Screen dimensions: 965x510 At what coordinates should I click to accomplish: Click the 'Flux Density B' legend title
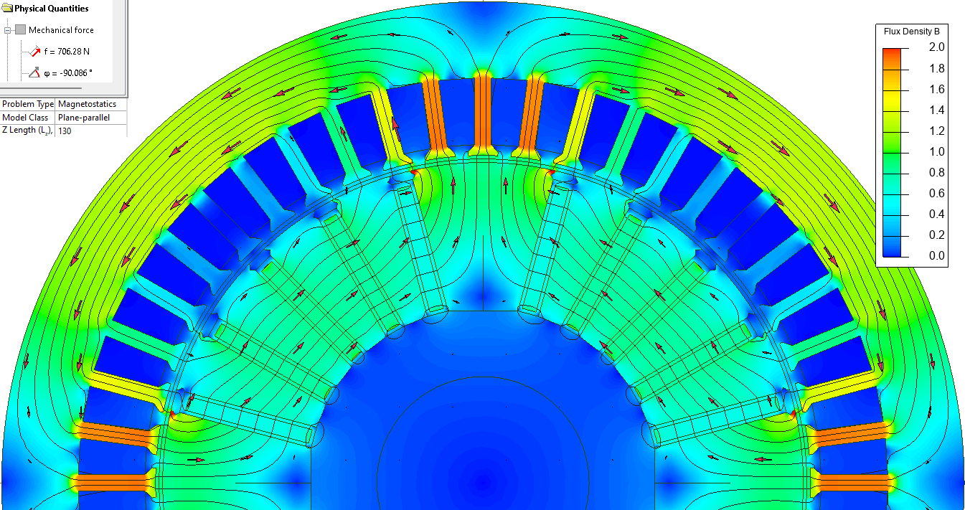912,32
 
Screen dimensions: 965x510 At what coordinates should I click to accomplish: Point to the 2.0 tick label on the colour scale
936,47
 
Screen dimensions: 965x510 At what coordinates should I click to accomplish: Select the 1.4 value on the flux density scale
936,110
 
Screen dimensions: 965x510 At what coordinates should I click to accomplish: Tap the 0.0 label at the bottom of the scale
936,255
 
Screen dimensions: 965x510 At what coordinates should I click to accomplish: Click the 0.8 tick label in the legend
936,172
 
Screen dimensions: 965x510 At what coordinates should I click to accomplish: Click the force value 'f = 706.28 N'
67,52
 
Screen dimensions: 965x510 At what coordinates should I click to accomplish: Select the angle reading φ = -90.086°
68,73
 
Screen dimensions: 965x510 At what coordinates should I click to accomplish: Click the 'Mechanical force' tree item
61,30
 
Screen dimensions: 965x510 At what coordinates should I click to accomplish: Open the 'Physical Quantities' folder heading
51,9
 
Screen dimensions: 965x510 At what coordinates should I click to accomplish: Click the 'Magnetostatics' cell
87,104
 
